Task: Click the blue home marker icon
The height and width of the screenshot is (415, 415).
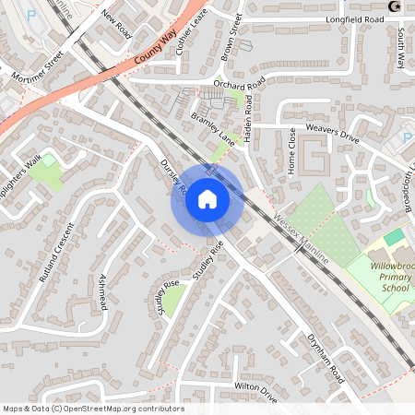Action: [207, 199]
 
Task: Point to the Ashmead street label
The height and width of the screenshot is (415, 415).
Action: [101, 292]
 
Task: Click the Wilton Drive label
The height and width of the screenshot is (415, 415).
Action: [255, 392]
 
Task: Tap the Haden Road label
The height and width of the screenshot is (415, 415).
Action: [254, 107]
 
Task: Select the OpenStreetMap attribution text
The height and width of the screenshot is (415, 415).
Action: [92, 409]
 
